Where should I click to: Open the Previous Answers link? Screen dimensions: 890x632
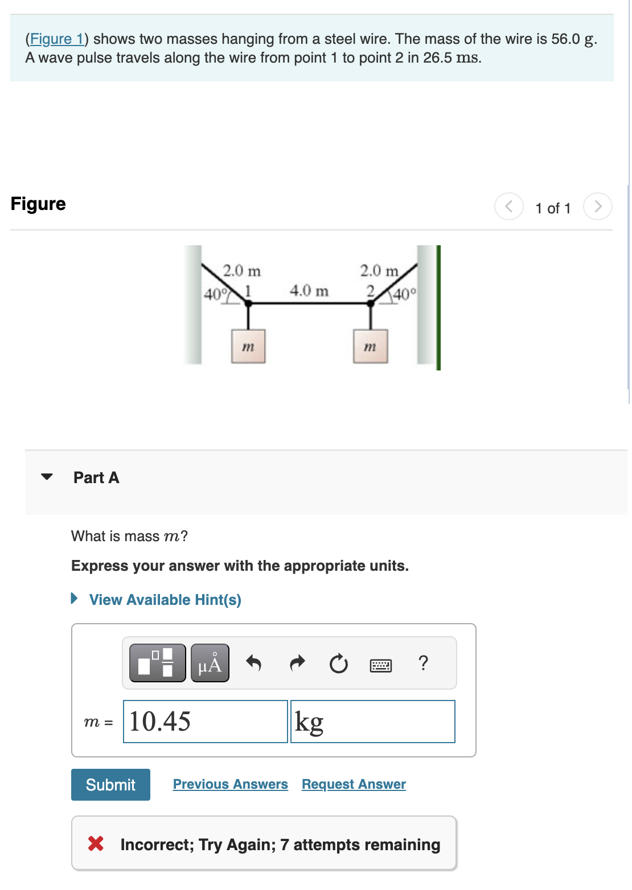(230, 784)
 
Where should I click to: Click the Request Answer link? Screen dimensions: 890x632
(354, 784)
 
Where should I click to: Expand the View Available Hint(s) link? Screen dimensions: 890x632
(165, 600)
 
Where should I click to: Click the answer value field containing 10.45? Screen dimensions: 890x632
(205, 722)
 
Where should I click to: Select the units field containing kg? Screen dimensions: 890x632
(372, 722)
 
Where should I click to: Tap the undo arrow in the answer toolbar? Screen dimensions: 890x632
(253, 663)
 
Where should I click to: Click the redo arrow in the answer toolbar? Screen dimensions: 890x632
(297, 663)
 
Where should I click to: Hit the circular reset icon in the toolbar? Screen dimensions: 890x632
(339, 664)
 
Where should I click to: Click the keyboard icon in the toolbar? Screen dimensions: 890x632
(380, 665)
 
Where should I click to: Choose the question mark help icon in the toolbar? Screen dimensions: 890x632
(423, 663)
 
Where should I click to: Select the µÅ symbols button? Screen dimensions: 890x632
(210, 663)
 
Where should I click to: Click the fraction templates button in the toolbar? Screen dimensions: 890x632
(157, 663)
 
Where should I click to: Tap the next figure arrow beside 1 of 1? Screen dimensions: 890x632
(597, 206)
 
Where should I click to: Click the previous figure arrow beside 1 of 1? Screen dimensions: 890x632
(509, 206)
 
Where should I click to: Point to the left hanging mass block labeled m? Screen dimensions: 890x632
(248, 346)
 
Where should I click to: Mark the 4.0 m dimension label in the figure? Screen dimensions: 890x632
(309, 291)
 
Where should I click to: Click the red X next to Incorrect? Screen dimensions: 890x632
(96, 843)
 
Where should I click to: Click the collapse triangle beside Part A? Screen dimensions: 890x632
(47, 477)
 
